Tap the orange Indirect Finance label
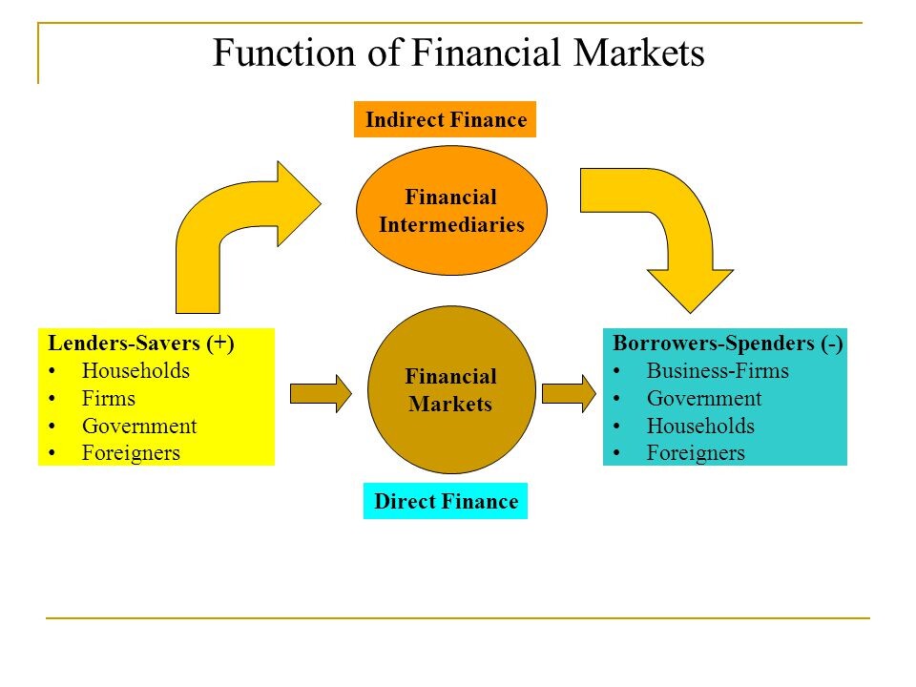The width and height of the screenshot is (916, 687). [445, 120]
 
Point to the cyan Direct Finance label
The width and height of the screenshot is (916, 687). [446, 502]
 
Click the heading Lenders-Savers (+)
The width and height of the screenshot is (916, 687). [141, 343]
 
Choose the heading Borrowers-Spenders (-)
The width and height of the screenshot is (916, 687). [727, 343]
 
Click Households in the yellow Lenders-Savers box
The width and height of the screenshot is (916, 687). [135, 371]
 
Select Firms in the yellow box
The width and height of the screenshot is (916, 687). [109, 399]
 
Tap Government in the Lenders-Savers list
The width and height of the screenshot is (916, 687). [139, 427]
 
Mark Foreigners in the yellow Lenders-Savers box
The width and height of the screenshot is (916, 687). [131, 453]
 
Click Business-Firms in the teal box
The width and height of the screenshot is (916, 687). [718, 371]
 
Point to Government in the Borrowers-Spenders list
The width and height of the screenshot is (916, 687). [704, 399]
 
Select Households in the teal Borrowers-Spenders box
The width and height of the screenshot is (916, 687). [700, 427]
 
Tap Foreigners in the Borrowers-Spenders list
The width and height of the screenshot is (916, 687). [696, 453]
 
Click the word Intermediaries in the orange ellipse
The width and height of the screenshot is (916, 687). [451, 225]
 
